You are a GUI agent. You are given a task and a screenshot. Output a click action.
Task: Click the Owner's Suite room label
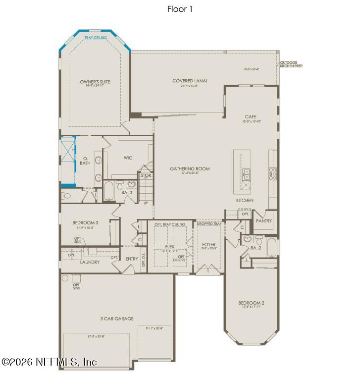(95, 82)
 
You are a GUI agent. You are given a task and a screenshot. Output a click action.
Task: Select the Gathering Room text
(190, 169)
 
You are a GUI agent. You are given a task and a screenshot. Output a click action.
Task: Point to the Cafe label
(251, 117)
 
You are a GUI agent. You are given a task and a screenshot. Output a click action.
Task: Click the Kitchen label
(245, 200)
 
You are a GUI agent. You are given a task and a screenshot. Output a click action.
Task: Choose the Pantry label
(264, 221)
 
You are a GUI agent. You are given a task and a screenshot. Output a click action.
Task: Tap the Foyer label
(209, 245)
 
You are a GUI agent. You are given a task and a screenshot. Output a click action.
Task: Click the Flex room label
(169, 246)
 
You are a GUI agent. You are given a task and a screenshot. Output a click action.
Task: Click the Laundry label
(90, 262)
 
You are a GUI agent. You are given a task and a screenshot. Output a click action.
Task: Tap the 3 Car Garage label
(117, 319)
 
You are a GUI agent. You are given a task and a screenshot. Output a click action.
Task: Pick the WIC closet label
(128, 158)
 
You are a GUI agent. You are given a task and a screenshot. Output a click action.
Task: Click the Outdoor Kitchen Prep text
(291, 64)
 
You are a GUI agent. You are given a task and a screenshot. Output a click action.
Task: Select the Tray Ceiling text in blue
(95, 38)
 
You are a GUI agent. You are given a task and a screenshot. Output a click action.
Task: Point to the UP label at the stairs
(146, 203)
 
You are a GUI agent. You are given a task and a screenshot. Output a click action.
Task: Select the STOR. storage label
(146, 175)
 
